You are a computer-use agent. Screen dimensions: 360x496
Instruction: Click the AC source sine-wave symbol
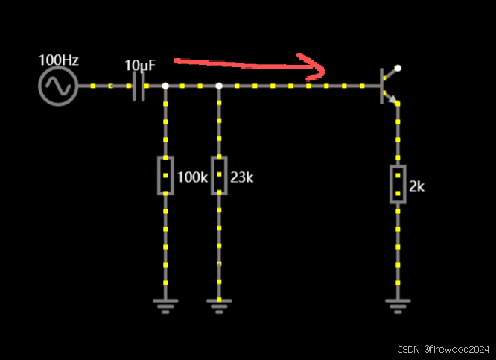57,86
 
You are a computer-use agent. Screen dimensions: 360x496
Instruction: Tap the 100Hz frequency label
58,60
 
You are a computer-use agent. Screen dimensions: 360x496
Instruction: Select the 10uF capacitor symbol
138,86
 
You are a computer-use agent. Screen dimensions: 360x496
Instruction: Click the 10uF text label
140,66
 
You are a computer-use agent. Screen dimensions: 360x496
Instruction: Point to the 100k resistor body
165,175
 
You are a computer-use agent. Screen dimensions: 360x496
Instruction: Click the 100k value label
192,178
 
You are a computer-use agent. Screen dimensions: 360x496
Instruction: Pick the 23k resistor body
219,175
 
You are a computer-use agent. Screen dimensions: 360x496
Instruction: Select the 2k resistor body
398,184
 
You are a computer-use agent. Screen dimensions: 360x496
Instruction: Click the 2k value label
417,186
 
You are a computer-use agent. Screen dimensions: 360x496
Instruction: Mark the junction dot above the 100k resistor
165,86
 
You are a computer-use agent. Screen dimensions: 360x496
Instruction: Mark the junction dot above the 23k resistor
219,86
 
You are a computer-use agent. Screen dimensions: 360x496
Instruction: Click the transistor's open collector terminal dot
398,68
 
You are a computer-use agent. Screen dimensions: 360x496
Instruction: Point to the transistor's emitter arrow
393,100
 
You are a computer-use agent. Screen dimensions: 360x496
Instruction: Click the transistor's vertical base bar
381,86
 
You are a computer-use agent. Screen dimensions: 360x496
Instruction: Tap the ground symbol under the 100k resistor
165,305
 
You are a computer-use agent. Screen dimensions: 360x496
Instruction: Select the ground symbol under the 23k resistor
219,305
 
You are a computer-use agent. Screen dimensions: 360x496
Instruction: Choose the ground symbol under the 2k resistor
398,305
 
